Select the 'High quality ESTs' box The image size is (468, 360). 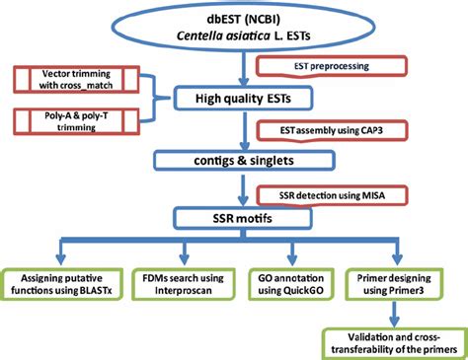pyautogui.click(x=240, y=98)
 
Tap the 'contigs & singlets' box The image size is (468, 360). pyautogui.click(x=240, y=159)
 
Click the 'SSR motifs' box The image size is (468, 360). pyautogui.click(x=240, y=217)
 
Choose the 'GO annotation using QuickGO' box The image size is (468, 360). pyautogui.click(x=292, y=278)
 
